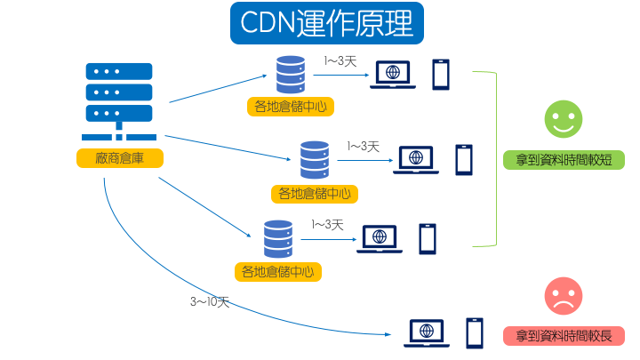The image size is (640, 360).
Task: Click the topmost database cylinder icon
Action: tap(290, 75)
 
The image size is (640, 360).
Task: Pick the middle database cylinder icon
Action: tap(314, 160)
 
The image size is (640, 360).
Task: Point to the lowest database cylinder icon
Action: tap(278, 238)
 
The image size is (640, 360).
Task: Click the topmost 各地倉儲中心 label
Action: tap(290, 107)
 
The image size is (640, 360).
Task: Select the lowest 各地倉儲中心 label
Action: tap(278, 271)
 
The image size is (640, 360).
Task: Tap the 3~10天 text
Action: tap(210, 302)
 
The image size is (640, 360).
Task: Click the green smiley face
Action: tap(564, 119)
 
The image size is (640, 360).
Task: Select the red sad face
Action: tap(564, 296)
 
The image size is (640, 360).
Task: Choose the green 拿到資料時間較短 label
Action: tap(564, 160)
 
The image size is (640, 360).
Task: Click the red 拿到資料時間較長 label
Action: tap(564, 336)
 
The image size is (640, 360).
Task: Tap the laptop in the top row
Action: tap(391, 75)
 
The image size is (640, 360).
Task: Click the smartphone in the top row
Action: tap(441, 75)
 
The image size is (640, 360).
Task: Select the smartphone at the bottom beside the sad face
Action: tap(475, 333)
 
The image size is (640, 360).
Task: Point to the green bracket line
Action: tap(494, 160)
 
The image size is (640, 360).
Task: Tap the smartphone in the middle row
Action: tap(464, 160)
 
